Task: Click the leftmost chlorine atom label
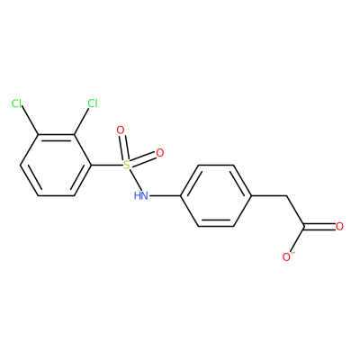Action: tap(16, 103)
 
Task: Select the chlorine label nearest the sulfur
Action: tap(93, 103)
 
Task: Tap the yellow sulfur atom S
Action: tap(127, 165)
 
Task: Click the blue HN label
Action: tap(140, 196)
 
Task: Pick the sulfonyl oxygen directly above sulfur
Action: tap(121, 130)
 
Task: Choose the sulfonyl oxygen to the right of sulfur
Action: tap(160, 153)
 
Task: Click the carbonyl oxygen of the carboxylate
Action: tap(339, 227)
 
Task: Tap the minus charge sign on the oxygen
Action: tap(293, 253)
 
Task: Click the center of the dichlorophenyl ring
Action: tap(56, 166)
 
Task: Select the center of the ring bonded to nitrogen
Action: tap(216, 195)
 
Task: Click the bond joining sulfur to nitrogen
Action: tap(134, 180)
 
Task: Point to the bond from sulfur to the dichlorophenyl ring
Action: tap(107, 165)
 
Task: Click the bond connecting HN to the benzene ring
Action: tap(165, 196)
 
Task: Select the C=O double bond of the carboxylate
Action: tap(319, 227)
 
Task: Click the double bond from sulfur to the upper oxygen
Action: tap(124, 148)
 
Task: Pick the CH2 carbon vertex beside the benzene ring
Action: tap(287, 196)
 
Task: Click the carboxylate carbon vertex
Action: tap(304, 227)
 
